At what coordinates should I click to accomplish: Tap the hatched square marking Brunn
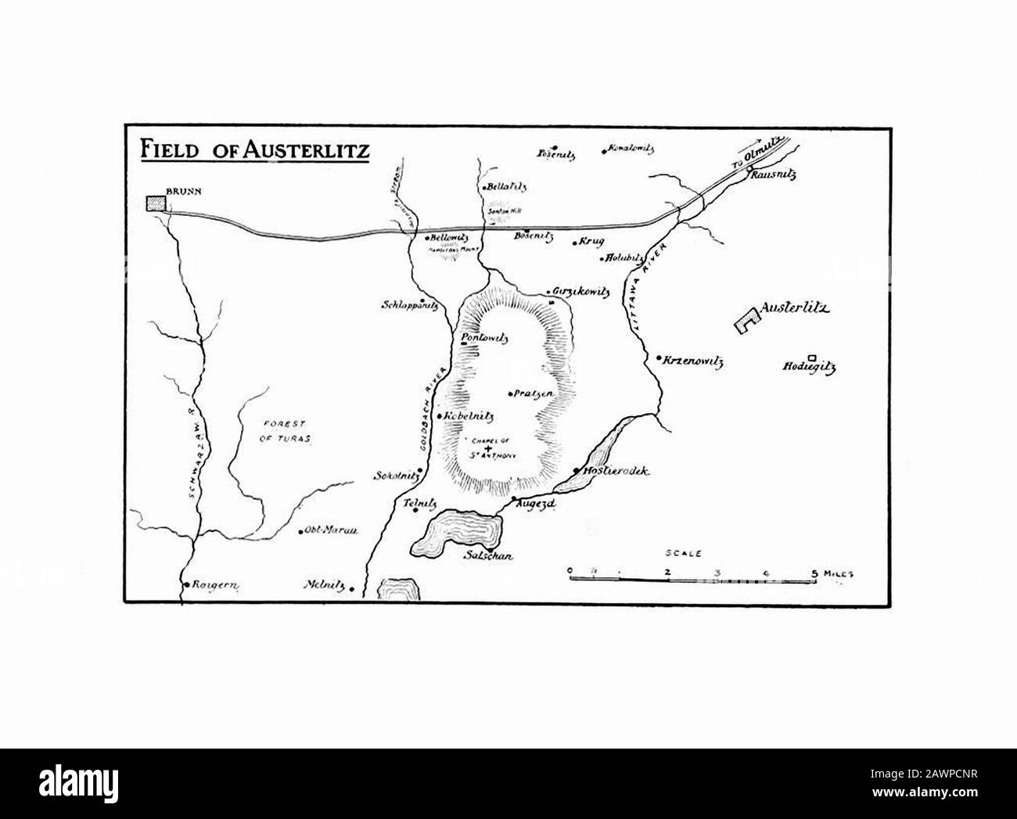(x=156, y=203)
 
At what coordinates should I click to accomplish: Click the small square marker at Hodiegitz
(x=811, y=357)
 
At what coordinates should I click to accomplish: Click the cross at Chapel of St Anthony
(x=490, y=448)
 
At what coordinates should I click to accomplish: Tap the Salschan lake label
(x=487, y=556)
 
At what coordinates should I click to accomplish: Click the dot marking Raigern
(x=185, y=584)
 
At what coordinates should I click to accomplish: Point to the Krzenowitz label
(x=693, y=362)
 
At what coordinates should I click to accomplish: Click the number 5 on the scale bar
(x=814, y=573)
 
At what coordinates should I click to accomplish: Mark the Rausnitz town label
(x=773, y=175)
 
